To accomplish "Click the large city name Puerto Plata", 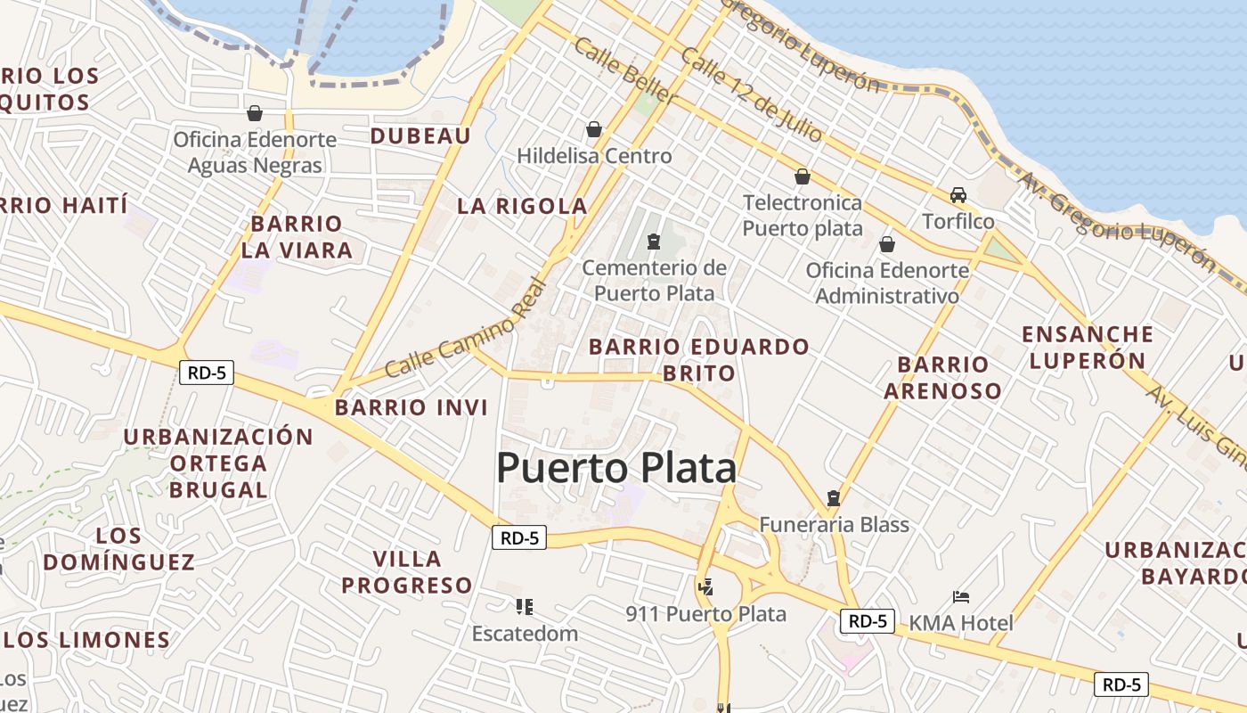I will pos(616,468).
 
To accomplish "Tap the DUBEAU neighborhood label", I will pos(420,135).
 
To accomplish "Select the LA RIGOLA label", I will pos(522,206).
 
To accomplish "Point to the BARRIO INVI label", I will pos(412,407).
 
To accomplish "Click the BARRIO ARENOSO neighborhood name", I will pos(942,377).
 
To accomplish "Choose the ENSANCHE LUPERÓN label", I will pos(1087,348).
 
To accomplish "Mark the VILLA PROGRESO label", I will pos(407,572).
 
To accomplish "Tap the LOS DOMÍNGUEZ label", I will pos(118,549).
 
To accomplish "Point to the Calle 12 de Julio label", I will pos(751,94).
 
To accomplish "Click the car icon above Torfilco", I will pos(958,194).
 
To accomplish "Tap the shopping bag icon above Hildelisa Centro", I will pos(594,129).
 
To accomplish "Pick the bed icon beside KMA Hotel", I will pos(961,597).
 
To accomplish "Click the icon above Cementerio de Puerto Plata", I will pos(654,241).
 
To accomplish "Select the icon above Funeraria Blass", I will pos(834,497).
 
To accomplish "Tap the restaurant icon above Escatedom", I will pos(525,607).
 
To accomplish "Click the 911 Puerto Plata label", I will pos(705,614).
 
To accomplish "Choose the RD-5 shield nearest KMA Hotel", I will pos(867,621).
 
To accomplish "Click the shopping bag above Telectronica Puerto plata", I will pos(803,176).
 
